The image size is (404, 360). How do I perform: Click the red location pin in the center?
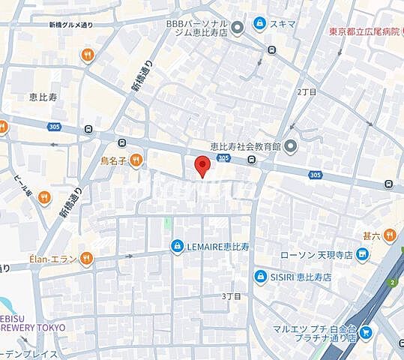point(201,166)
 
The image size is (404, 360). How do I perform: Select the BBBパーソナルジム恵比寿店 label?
point(196,28)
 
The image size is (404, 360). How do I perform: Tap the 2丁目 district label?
point(307,91)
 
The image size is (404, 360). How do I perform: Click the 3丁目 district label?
point(232,296)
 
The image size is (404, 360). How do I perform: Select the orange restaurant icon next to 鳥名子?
point(136,158)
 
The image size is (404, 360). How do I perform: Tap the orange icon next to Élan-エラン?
point(87,259)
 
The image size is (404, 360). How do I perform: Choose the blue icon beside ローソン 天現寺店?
point(363,256)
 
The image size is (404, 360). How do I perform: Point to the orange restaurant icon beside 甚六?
point(388,236)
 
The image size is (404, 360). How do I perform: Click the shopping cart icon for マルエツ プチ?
point(365,331)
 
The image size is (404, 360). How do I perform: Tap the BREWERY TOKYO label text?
point(33,328)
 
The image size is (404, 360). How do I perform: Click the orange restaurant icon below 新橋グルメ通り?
point(88,54)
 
